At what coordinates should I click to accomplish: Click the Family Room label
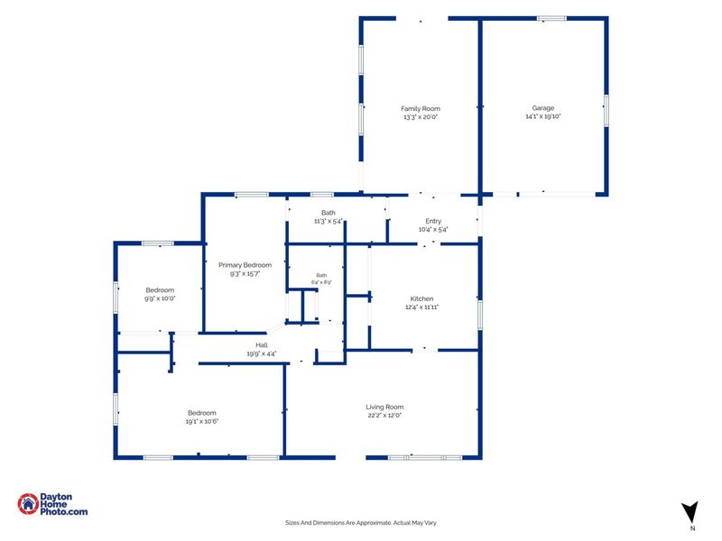click(x=421, y=108)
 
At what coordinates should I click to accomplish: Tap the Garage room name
click(x=543, y=108)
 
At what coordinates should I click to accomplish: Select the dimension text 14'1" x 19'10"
click(x=543, y=116)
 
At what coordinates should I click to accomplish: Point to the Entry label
click(x=433, y=221)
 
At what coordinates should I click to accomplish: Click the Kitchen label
click(x=421, y=298)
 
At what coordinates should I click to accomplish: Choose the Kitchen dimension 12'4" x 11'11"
click(x=421, y=307)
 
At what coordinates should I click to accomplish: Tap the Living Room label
click(x=384, y=407)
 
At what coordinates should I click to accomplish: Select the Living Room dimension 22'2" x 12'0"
click(x=384, y=415)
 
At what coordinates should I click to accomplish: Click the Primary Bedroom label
click(x=245, y=265)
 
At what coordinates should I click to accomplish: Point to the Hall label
click(x=262, y=345)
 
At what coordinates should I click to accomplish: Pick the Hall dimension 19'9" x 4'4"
click(x=262, y=353)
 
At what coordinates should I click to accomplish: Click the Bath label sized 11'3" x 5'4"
click(x=329, y=213)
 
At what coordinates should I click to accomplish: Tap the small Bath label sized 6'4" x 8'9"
click(x=321, y=275)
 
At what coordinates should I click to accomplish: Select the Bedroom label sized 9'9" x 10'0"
click(x=160, y=289)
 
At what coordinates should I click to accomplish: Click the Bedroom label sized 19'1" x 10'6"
click(x=201, y=413)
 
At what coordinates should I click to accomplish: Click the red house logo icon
click(x=28, y=504)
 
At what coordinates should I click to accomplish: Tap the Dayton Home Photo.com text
click(x=63, y=504)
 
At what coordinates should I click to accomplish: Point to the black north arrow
click(x=690, y=512)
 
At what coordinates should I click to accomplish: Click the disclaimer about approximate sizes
click(x=360, y=523)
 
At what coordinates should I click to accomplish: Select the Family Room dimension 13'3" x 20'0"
click(x=421, y=117)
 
